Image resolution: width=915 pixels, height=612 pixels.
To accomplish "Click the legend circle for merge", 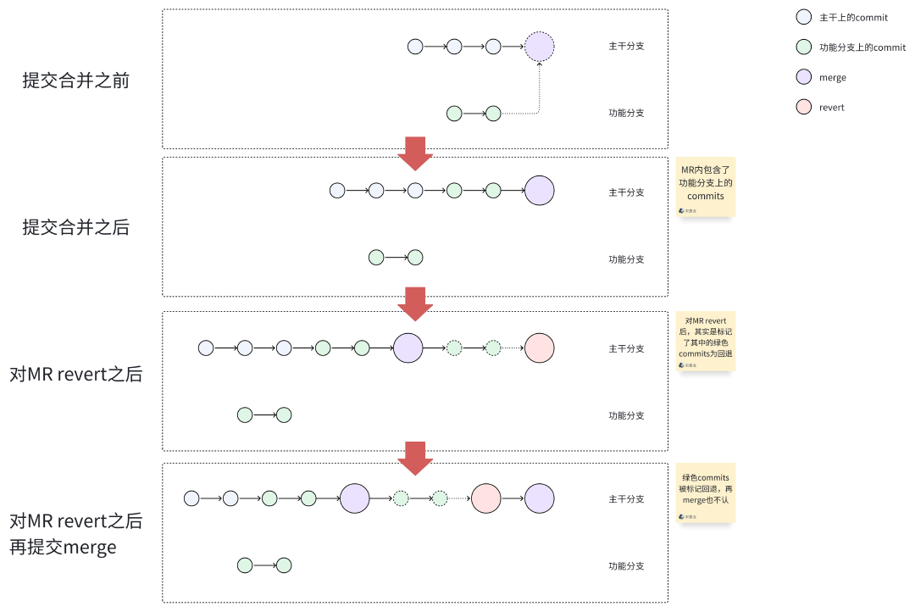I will pyautogui.click(x=805, y=77).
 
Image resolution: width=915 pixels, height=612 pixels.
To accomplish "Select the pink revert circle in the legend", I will pyautogui.click(x=805, y=108).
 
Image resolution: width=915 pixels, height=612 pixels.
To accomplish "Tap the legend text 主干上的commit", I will pyautogui.click(x=853, y=17).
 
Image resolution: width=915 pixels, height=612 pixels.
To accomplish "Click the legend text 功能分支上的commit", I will pyautogui.click(x=862, y=47).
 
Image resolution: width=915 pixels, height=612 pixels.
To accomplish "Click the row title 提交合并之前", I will pyautogui.click(x=76, y=81).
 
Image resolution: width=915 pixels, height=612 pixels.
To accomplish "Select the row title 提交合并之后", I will pyautogui.click(x=76, y=227).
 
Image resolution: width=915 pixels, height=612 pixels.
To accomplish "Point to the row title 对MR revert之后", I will pyautogui.click(x=76, y=375).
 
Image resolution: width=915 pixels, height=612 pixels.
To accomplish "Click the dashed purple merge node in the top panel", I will pyautogui.click(x=539, y=47).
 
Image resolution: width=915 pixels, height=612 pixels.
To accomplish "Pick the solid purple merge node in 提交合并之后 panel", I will pyautogui.click(x=539, y=191).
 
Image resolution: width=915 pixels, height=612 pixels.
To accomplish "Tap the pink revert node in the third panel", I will pyautogui.click(x=539, y=348).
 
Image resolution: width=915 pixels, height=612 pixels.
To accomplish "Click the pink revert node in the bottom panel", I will pyautogui.click(x=486, y=498).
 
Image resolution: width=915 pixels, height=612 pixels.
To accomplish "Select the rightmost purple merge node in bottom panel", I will pyautogui.click(x=539, y=498).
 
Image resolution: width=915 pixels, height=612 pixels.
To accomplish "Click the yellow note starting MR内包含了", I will pyautogui.click(x=706, y=186).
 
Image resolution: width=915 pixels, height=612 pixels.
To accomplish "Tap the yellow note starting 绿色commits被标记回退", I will pyautogui.click(x=706, y=492).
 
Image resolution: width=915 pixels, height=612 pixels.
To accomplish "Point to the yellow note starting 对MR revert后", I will pyautogui.click(x=706, y=341).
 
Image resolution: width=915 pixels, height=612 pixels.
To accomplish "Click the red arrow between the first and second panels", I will pyautogui.click(x=415, y=153).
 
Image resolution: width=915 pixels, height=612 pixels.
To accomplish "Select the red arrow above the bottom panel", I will pyautogui.click(x=415, y=458).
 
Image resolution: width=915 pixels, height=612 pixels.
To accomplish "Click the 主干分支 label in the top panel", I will pyautogui.click(x=626, y=46).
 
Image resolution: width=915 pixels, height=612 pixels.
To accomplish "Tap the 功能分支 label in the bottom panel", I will pyautogui.click(x=626, y=566).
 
